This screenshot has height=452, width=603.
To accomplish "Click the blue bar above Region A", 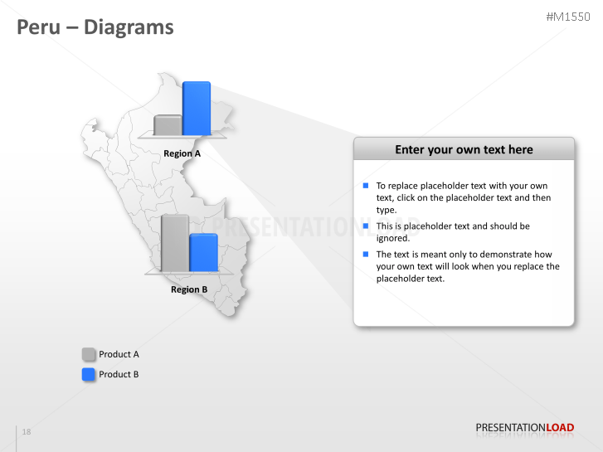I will tap(196, 108).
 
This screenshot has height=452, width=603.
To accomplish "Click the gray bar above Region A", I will tap(168, 125).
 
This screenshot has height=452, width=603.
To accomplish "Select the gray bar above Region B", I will tap(174, 243).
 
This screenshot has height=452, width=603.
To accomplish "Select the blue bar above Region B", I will tap(203, 253).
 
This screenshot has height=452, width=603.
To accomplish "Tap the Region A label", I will tap(182, 153).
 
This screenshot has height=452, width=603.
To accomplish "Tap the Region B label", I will tap(189, 289).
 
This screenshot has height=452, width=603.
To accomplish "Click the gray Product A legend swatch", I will tap(89, 354).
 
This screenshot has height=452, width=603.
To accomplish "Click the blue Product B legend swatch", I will tap(89, 374).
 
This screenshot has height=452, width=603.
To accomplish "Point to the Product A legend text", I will tap(119, 354).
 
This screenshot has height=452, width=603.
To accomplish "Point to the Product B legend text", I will tap(119, 374).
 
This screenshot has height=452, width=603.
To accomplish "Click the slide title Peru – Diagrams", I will tap(95, 27).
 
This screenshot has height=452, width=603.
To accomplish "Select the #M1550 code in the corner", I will tap(568, 17).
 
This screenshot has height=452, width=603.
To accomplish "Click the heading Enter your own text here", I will tap(464, 149).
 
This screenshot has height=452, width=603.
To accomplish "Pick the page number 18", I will tap(27, 432).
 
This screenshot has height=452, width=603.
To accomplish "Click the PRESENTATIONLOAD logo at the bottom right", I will tap(524, 428).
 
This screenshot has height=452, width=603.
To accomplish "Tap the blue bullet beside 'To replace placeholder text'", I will tap(366, 186).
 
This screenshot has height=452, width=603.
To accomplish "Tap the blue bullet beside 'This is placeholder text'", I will tap(366, 226).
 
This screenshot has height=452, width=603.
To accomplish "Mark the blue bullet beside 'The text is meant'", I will tap(366, 254).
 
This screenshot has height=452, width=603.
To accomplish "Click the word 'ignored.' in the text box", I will tap(393, 238).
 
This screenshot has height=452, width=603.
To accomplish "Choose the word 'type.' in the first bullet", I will tap(387, 210).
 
